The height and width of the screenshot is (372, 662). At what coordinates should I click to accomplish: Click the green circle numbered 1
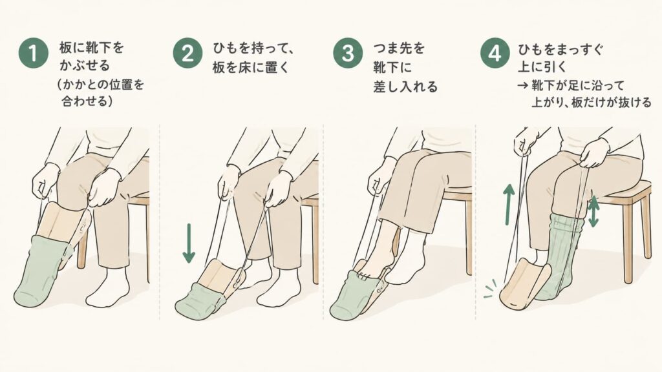click(33, 53)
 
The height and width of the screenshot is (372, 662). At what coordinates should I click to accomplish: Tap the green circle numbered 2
click(187, 53)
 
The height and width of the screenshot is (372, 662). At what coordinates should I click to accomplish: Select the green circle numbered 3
click(347, 53)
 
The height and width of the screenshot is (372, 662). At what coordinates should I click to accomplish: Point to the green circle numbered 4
click(495, 53)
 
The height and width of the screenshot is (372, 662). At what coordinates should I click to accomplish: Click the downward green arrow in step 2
click(189, 243)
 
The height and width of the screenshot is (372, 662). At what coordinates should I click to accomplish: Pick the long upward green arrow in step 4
click(509, 204)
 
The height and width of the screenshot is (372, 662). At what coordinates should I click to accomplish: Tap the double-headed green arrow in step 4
click(593, 211)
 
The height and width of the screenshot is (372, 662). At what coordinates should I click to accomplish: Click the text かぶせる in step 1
click(85, 66)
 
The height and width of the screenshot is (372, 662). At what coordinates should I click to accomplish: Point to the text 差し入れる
click(405, 87)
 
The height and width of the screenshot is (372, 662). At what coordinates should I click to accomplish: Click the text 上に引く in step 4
click(542, 67)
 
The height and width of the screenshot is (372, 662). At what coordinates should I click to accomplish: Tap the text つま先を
click(398, 48)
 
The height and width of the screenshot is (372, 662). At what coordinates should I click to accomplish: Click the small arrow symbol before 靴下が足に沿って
click(522, 86)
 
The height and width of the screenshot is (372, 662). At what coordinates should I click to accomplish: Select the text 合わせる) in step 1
click(87, 101)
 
